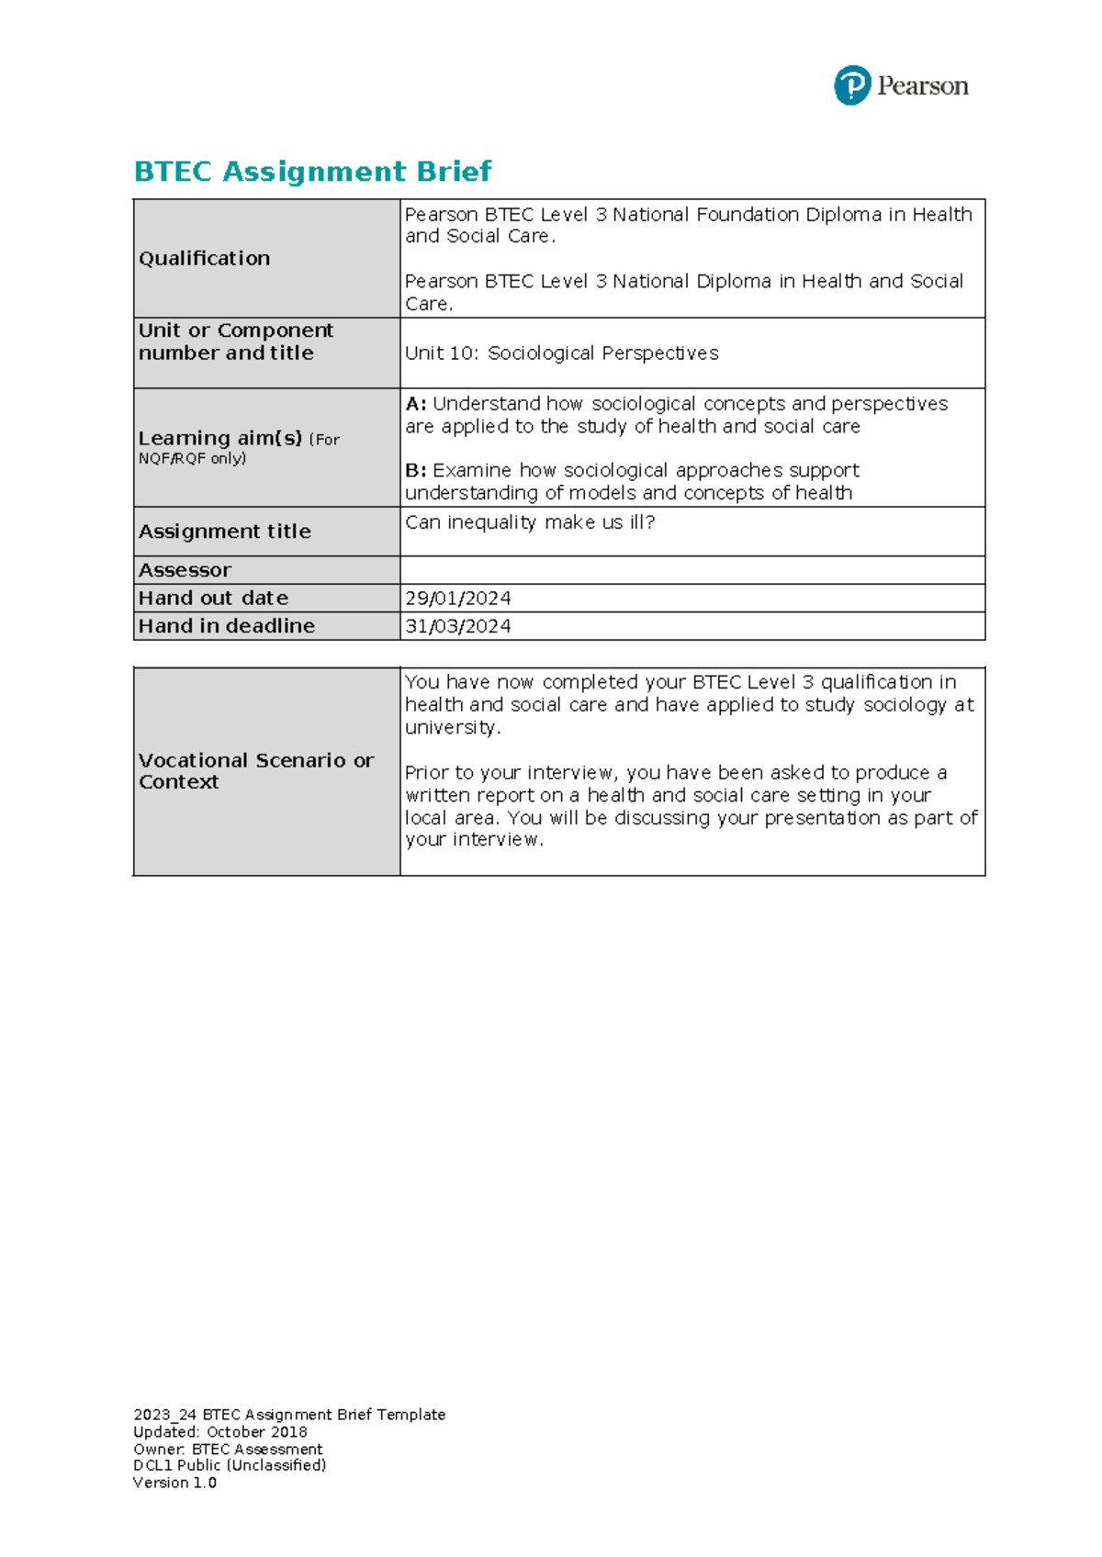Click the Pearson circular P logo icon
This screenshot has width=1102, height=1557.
[x=851, y=85]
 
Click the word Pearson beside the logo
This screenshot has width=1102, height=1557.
[x=922, y=86]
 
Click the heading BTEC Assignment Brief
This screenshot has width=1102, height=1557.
[x=312, y=172]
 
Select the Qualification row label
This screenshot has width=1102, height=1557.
[x=204, y=259]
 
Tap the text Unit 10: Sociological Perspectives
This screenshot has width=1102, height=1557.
[x=561, y=353]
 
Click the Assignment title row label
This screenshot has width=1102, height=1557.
[x=224, y=532]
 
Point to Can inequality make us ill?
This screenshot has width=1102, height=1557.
[x=530, y=522]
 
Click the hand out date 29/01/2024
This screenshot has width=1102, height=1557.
[x=457, y=599]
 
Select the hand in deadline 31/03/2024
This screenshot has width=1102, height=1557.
[x=457, y=626]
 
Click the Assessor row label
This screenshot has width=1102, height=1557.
[x=185, y=570]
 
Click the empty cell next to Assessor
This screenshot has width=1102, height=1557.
[x=692, y=570]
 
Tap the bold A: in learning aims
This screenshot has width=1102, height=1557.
[x=415, y=404]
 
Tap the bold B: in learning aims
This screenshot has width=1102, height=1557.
[x=415, y=471]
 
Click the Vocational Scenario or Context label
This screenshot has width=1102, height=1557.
[x=255, y=771]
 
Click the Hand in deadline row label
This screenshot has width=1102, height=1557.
[x=226, y=626]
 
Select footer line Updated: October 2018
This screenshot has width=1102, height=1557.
[x=219, y=1432]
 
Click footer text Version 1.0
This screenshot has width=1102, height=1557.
[x=174, y=1483]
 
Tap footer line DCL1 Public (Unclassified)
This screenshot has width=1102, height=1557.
[x=230, y=1466]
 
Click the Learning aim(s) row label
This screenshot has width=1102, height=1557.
[x=219, y=439]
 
